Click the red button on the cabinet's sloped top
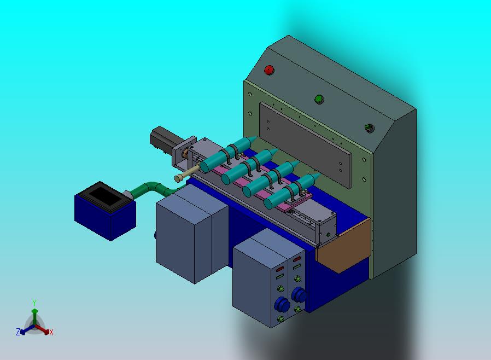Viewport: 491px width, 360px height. pyautogui.click(x=269, y=70)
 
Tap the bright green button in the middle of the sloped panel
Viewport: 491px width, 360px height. pyautogui.click(x=319, y=99)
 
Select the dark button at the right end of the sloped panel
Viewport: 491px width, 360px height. pyautogui.click(x=370, y=128)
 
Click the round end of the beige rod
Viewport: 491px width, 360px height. pyautogui.click(x=178, y=178)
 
